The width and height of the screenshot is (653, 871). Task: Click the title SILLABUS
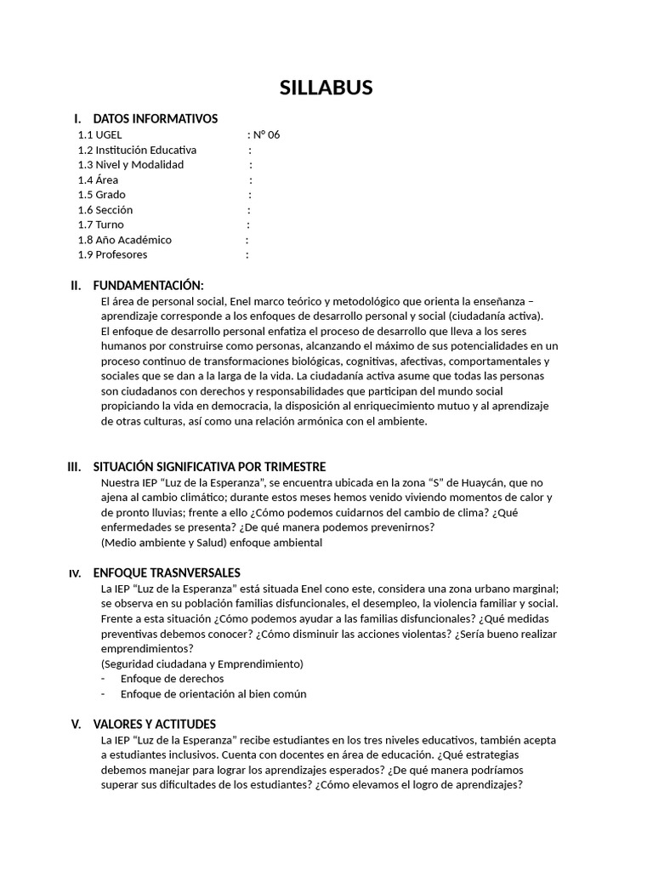coord(326,88)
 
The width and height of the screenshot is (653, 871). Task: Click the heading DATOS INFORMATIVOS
coord(155,118)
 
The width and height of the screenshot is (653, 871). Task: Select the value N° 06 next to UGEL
coord(266,134)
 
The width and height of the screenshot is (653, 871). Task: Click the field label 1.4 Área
coord(98,179)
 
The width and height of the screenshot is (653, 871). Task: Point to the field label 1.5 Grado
coord(101,195)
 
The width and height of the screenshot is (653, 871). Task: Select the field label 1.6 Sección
coord(105,209)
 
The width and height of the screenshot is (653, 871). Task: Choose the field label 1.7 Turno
coord(100,225)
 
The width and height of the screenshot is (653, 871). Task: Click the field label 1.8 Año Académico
coord(124,240)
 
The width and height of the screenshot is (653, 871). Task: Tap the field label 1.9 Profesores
coord(112,254)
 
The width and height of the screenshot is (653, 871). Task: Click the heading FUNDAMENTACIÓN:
coord(148,285)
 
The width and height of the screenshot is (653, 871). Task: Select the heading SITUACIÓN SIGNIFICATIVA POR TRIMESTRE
coord(209,467)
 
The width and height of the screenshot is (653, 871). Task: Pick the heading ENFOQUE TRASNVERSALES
coord(167,572)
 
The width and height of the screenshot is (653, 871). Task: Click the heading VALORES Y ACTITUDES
coord(154,724)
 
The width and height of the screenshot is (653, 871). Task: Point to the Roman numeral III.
coord(74,467)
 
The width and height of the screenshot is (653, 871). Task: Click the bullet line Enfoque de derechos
coord(172,679)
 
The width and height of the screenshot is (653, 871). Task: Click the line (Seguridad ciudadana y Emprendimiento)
coord(202,663)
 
